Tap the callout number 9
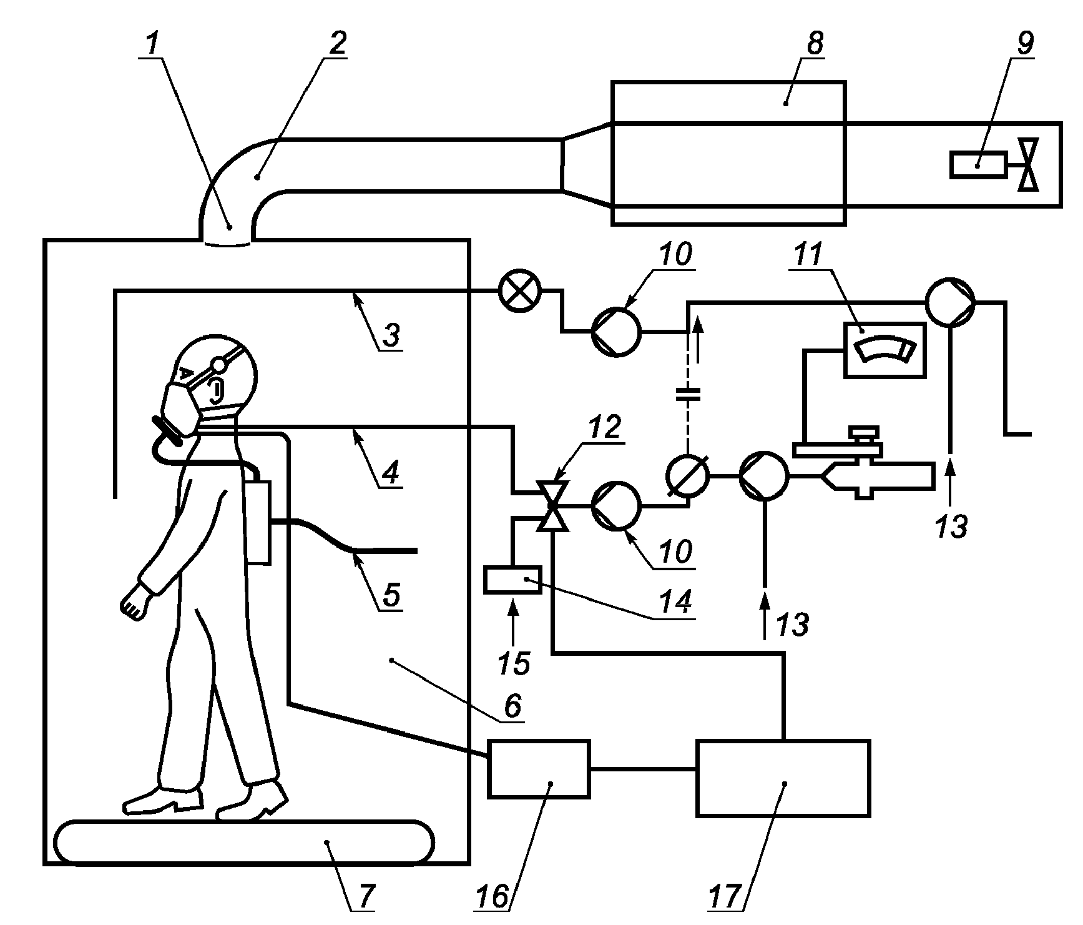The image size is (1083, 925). coord(1026,43)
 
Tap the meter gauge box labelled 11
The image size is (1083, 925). coord(885,350)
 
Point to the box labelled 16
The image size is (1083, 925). coord(539,769)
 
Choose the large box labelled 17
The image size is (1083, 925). coord(783,778)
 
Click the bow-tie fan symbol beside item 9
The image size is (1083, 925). coord(1028,164)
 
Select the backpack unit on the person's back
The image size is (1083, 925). coord(258,522)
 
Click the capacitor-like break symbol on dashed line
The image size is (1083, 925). coord(687,393)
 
